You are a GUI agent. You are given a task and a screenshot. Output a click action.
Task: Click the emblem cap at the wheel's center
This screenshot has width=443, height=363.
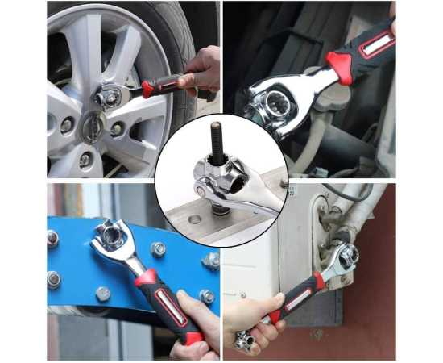[93, 127]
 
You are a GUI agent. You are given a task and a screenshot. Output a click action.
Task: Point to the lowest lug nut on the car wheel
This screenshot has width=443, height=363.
[85, 159]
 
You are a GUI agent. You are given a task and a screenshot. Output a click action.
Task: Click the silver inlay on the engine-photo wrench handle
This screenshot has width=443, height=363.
[376, 45]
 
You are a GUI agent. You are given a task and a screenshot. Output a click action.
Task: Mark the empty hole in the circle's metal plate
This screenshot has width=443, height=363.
[194, 218]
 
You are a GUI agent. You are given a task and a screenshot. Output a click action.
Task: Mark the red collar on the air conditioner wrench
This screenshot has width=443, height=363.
[319, 282]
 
